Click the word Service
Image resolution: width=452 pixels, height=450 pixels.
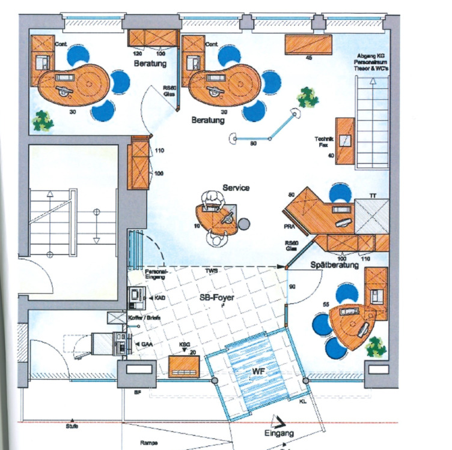(236, 188)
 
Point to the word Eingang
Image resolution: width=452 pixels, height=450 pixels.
(279, 433)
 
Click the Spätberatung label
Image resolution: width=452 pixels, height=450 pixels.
(334, 265)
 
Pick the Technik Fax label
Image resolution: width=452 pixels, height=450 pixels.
(324, 142)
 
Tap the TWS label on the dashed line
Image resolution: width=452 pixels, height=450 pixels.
(211, 271)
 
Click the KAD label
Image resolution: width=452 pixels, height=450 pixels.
(159, 297)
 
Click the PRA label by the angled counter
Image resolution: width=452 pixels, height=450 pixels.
(289, 227)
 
